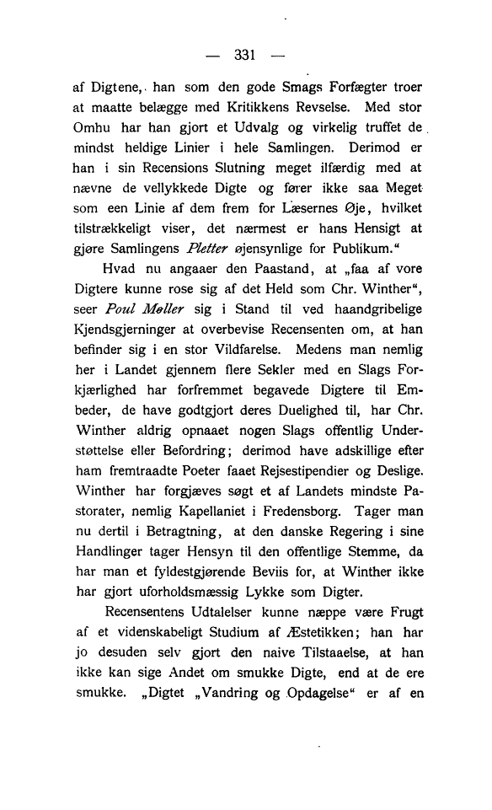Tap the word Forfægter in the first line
[350, 87]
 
